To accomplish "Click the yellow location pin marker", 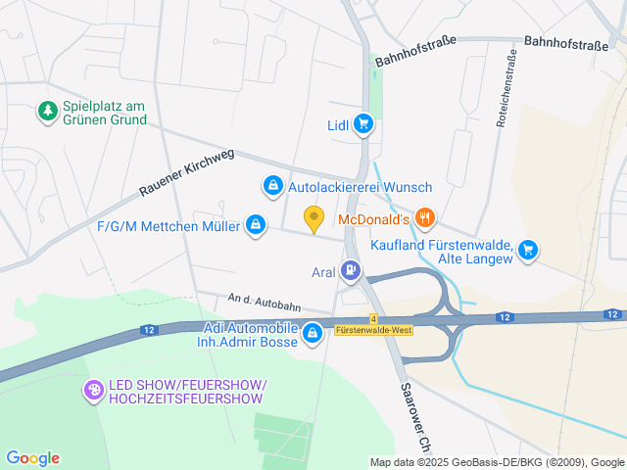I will pyautogui.click(x=313, y=218).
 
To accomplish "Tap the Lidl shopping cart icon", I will pyautogui.click(x=363, y=123).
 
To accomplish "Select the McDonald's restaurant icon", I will pyautogui.click(x=424, y=217).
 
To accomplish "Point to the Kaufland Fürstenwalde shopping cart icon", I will pyautogui.click(x=528, y=249).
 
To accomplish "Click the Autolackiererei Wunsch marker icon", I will pyautogui.click(x=271, y=184).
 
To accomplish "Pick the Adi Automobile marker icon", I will pyautogui.click(x=312, y=334).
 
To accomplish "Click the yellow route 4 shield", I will pyautogui.click(x=373, y=318).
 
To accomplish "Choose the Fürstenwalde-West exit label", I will pyautogui.click(x=373, y=330).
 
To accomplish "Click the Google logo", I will pyautogui.click(x=32, y=457).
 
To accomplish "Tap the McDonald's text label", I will pyautogui.click(x=373, y=217).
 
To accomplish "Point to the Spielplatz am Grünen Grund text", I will pyautogui.click(x=104, y=113).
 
